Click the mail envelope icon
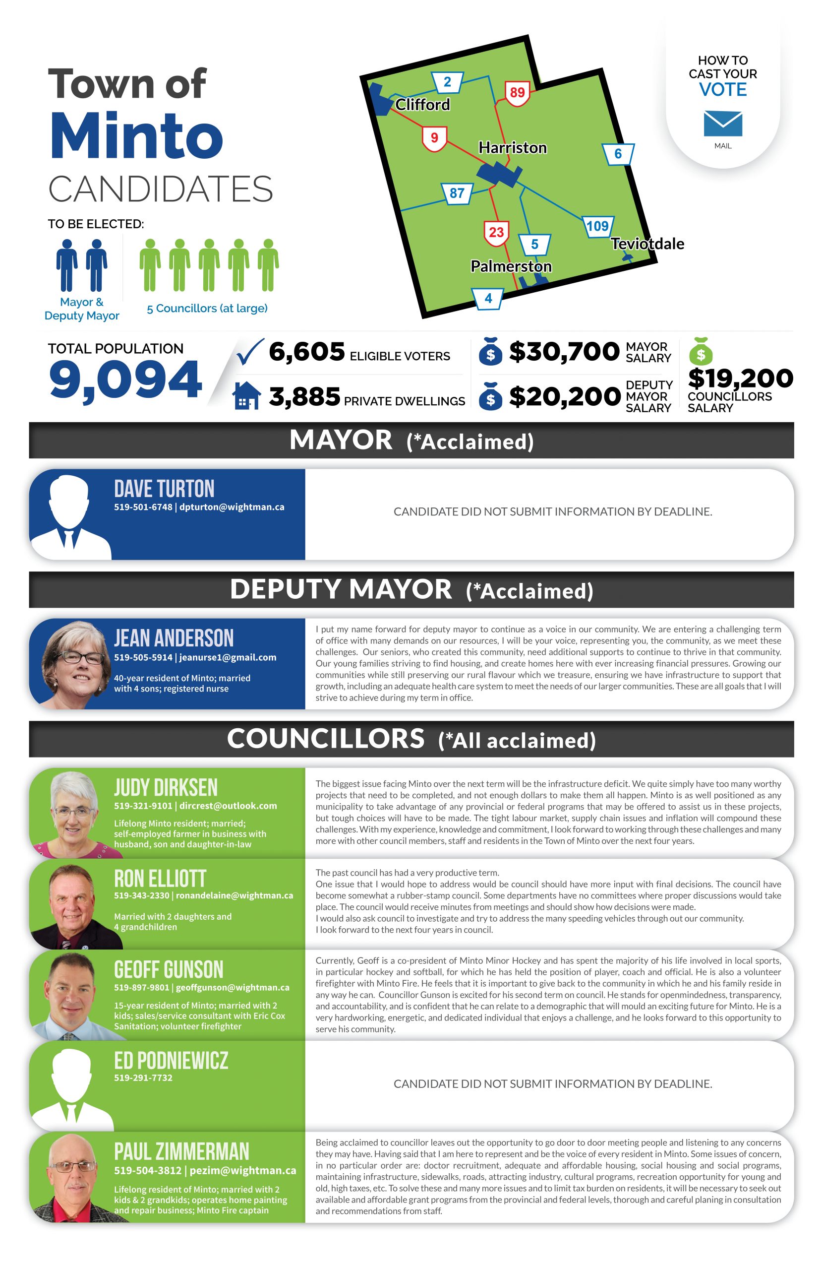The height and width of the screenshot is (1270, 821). click(x=722, y=124)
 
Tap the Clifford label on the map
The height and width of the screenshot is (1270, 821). click(x=422, y=105)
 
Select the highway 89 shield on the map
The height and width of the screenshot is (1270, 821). click(x=517, y=93)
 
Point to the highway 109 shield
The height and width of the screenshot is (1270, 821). click(x=597, y=226)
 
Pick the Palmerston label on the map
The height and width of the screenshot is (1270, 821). click(x=511, y=266)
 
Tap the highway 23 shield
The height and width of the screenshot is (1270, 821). click(x=496, y=233)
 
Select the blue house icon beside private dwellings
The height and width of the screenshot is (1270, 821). click(x=247, y=396)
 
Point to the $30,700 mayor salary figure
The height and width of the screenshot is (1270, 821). click(x=564, y=352)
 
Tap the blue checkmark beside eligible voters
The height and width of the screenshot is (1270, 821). click(x=249, y=352)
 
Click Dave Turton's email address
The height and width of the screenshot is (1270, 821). click(x=232, y=507)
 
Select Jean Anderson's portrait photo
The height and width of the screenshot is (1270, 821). click(x=76, y=664)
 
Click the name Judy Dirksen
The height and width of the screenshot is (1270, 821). click(x=166, y=787)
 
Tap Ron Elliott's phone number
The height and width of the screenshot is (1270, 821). click(x=142, y=895)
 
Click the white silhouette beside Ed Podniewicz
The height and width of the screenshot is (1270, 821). click(x=71, y=1087)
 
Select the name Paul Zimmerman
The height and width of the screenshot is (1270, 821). click(x=181, y=1151)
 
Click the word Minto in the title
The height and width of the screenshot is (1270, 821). click(x=136, y=136)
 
